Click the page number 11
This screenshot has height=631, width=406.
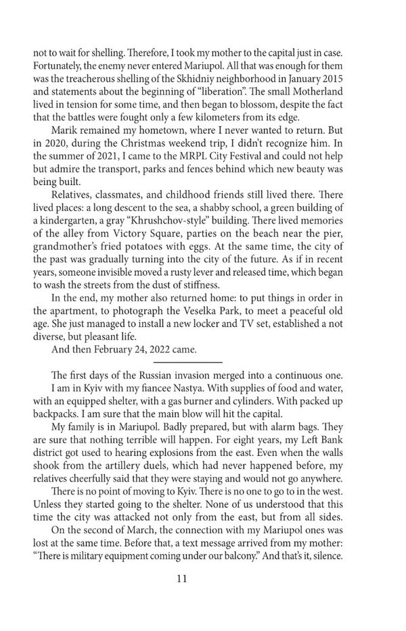coord(203,578)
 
